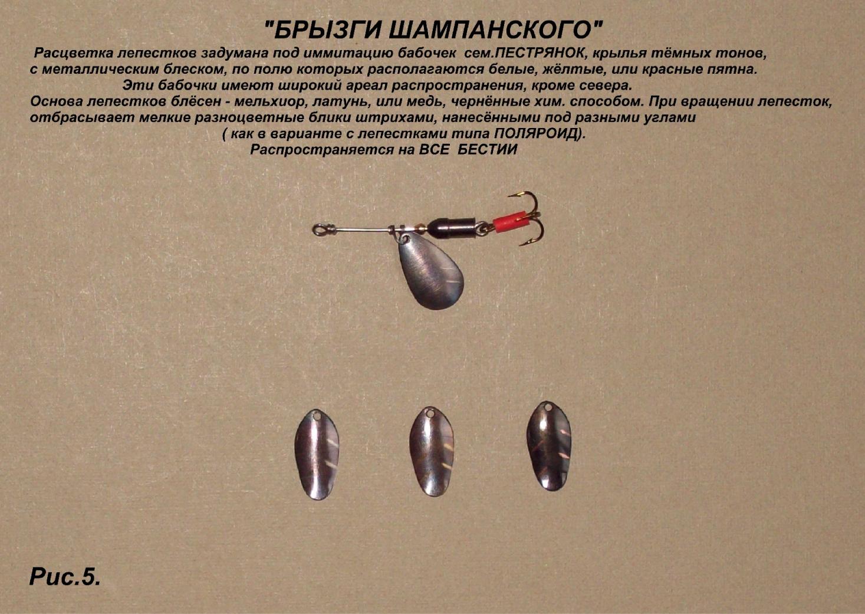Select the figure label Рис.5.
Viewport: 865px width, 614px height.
click(x=65, y=576)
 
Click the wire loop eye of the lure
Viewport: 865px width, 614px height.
click(x=319, y=230)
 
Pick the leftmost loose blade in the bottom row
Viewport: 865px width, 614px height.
click(x=317, y=455)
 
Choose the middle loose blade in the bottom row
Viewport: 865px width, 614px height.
click(x=432, y=451)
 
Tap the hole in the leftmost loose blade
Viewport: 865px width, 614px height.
click(x=317, y=417)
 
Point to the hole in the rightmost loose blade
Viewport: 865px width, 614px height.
click(x=548, y=408)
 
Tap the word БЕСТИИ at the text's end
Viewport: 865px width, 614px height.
click(x=487, y=150)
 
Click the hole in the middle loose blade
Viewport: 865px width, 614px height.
click(x=430, y=413)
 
